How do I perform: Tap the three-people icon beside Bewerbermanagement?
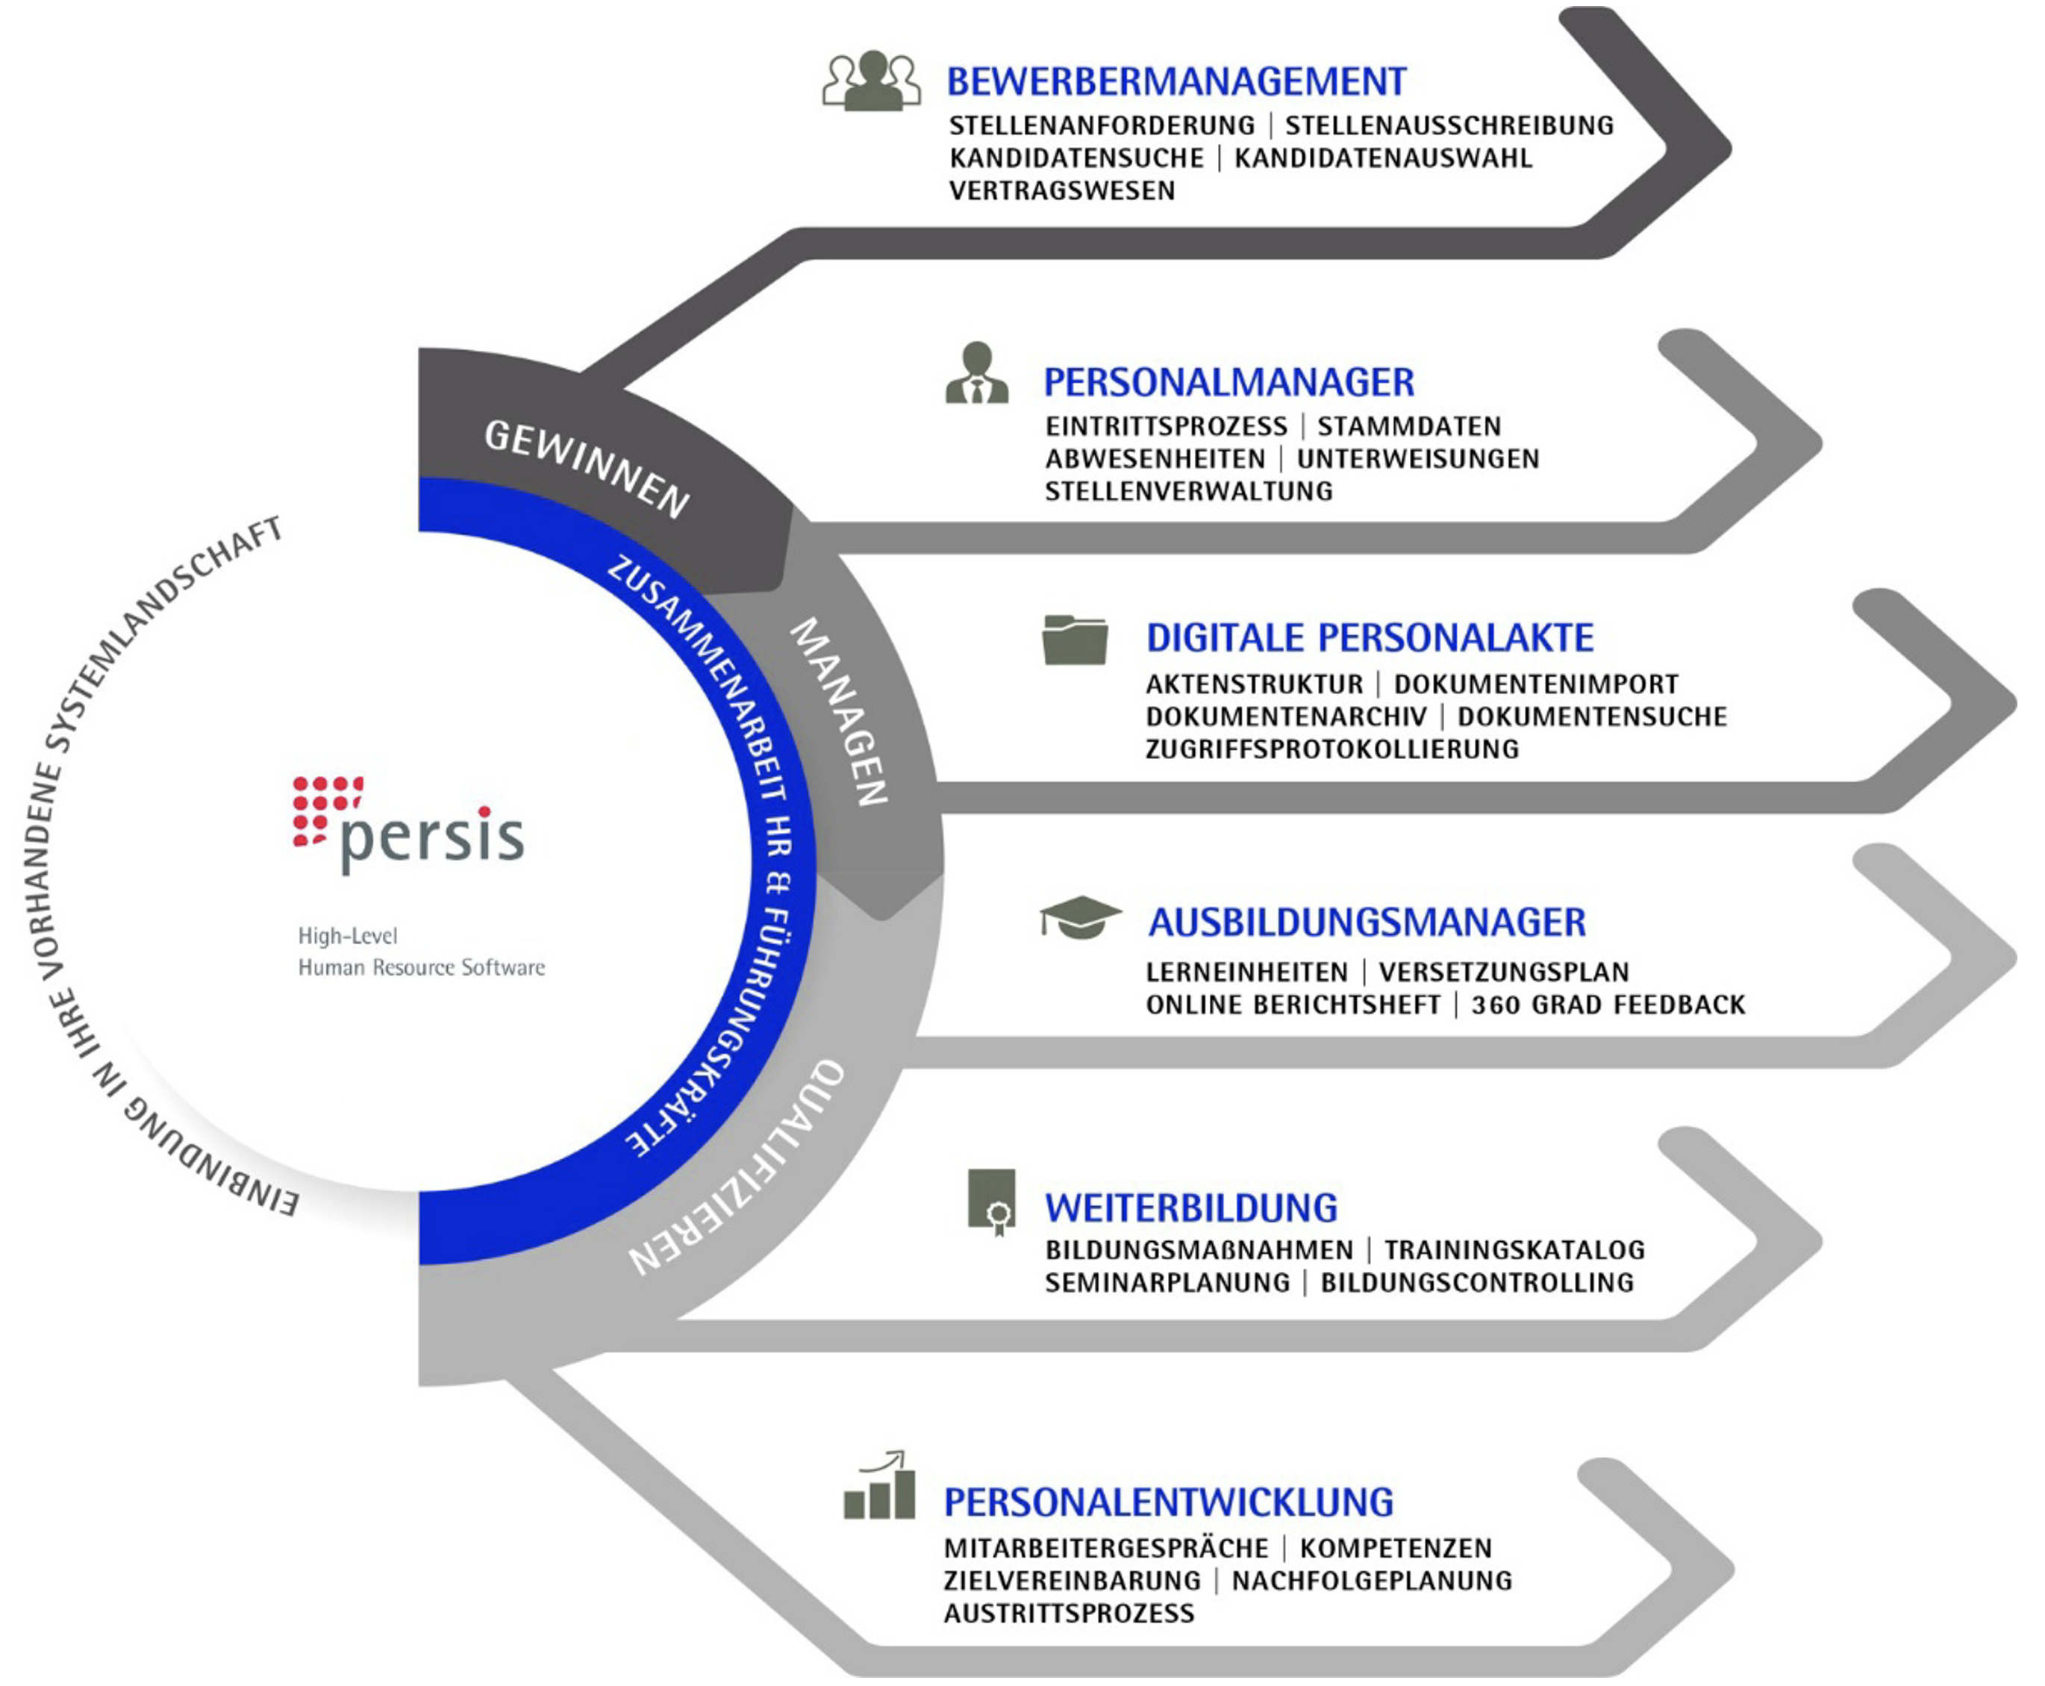[871, 81]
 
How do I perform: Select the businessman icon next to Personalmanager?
[977, 373]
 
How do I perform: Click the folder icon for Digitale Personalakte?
[1075, 640]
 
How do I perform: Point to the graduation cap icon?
[1080, 917]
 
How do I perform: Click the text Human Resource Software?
[422, 967]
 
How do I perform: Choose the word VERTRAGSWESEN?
[1061, 190]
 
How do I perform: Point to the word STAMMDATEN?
[1408, 426]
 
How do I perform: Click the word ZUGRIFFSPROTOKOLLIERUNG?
[1331, 749]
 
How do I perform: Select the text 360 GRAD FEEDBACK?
[1608, 1005]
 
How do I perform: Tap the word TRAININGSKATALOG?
[1514, 1250]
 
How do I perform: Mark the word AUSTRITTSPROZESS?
[1068, 1613]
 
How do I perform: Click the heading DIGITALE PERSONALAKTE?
[1369, 638]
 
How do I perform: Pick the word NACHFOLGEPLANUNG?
[1371, 1580]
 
